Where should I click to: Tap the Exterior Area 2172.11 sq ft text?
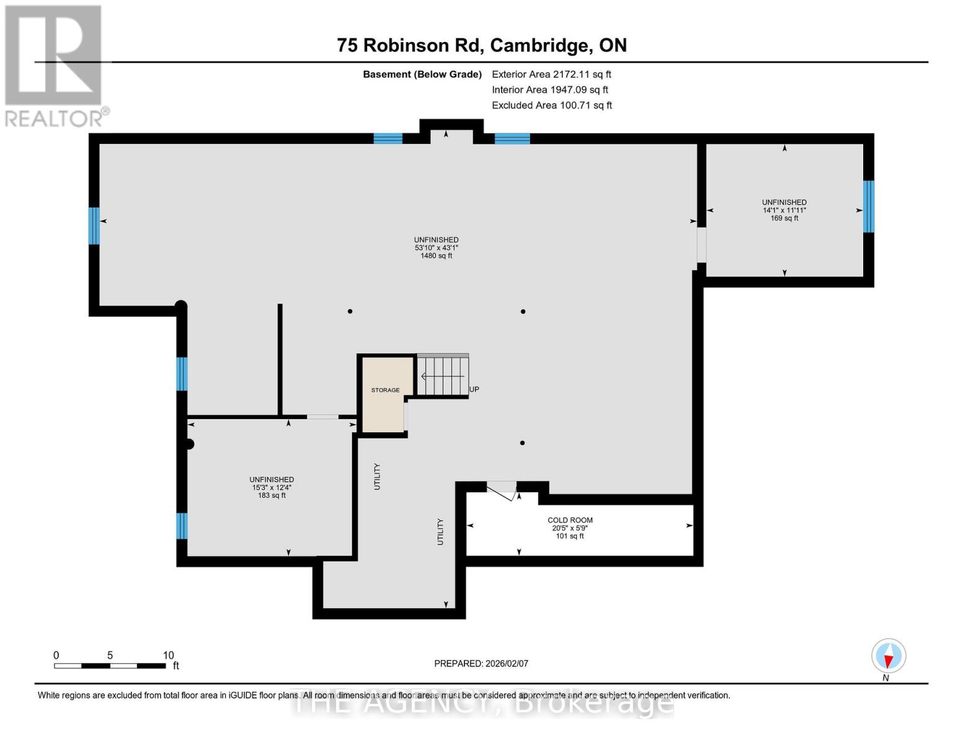pyautogui.click(x=551, y=74)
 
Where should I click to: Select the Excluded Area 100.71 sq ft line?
pyautogui.click(x=551, y=105)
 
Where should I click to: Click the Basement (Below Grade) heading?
pyautogui.click(x=422, y=74)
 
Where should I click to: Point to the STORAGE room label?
pyautogui.click(x=385, y=390)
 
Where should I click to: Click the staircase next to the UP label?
pyautogui.click(x=443, y=376)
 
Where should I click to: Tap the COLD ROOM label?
pyautogui.click(x=569, y=520)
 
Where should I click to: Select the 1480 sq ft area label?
pyautogui.click(x=436, y=255)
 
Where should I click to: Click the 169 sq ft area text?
pyautogui.click(x=784, y=218)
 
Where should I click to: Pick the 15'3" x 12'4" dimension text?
pyautogui.click(x=272, y=487)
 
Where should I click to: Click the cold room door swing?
pyautogui.click(x=502, y=490)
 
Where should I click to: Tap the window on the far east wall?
pyautogui.click(x=868, y=206)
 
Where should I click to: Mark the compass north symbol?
pyautogui.click(x=889, y=656)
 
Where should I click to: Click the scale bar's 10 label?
pyautogui.click(x=168, y=655)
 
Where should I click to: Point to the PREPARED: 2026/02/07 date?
pyautogui.click(x=481, y=663)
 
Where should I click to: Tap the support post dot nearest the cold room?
pyautogui.click(x=522, y=443)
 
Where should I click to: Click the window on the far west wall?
pyautogui.click(x=94, y=226)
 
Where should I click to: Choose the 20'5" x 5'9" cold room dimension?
pyautogui.click(x=569, y=528)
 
